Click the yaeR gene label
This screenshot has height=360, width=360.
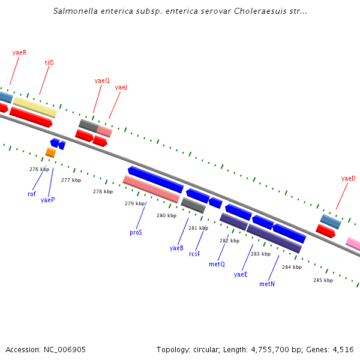point(19,52)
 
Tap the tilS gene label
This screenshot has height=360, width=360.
point(49,62)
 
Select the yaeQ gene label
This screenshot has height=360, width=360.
point(102,80)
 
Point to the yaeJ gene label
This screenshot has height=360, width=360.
point(121,87)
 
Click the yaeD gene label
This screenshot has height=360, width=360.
point(348,178)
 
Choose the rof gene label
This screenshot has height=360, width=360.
point(32,194)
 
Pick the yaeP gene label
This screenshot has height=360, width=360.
point(47,200)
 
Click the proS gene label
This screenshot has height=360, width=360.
point(136,232)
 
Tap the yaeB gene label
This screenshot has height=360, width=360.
point(176,248)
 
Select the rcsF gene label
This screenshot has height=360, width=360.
point(194,254)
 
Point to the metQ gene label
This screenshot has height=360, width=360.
point(217,264)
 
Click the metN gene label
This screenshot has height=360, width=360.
point(267,284)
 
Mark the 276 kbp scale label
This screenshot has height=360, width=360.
point(38,169)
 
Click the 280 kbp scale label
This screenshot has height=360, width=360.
point(166,215)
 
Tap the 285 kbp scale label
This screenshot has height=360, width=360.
point(322,280)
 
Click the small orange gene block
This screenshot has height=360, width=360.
point(50,152)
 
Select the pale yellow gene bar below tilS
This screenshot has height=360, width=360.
point(35,107)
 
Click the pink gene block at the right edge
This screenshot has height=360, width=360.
point(353,244)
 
